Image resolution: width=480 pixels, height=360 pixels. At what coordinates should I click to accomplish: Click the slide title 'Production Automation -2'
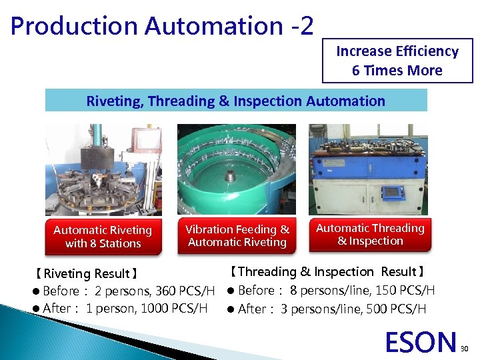[x=162, y=25]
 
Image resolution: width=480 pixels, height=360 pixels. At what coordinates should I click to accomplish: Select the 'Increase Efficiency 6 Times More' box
[x=397, y=61]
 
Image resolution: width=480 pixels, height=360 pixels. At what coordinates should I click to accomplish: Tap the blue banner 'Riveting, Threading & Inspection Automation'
[x=236, y=101]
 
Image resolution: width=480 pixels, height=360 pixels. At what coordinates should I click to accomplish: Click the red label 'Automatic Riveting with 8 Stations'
[x=103, y=237]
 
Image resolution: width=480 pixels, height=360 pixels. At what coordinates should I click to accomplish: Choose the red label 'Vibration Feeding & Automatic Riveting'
[x=237, y=235]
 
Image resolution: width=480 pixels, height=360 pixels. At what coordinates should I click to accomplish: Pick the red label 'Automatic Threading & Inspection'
[x=370, y=235]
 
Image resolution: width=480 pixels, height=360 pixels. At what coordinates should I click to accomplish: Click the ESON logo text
[x=421, y=342]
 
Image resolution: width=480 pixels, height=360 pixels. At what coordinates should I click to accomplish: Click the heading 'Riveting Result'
[x=87, y=273]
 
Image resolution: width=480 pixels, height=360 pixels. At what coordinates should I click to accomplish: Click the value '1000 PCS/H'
[x=175, y=308]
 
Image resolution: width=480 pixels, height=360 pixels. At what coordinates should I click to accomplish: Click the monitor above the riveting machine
[x=145, y=141]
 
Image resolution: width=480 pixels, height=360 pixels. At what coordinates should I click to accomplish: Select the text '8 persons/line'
[x=325, y=290]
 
